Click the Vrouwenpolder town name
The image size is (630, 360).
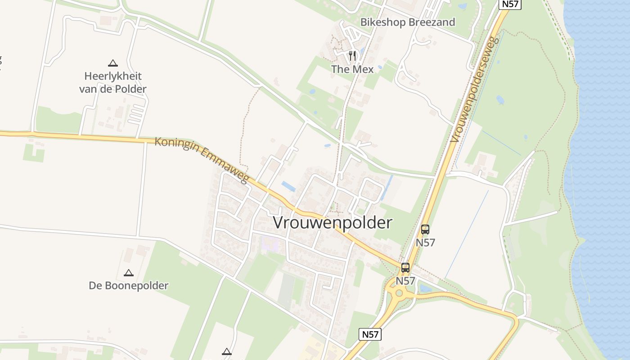pyautogui.click(x=333, y=223)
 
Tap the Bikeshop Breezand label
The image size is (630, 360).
pyautogui.click(x=408, y=22)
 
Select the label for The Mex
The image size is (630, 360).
pyautogui.click(x=352, y=69)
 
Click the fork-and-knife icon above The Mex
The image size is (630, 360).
pyautogui.click(x=352, y=56)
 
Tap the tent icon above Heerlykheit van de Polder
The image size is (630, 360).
pyautogui.click(x=112, y=63)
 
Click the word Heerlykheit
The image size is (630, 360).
pyautogui.click(x=113, y=76)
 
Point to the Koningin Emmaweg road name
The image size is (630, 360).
pyautogui.click(x=202, y=160)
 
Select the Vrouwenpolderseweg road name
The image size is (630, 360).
pyautogui.click(x=476, y=90)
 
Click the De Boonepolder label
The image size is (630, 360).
pyautogui.click(x=128, y=285)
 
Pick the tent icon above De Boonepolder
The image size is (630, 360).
pyautogui.click(x=129, y=273)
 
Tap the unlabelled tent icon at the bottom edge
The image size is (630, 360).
pyautogui.click(x=227, y=351)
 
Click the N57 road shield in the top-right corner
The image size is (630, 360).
pyautogui.click(x=510, y=4)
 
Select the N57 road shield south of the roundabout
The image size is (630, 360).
pyautogui.click(x=370, y=334)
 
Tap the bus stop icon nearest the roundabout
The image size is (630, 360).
pyautogui.click(x=405, y=268)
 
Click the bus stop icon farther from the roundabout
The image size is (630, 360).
pyautogui.click(x=425, y=229)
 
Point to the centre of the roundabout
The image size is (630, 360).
pyautogui.click(x=399, y=293)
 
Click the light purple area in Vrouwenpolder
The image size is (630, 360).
pyautogui.click(x=270, y=243)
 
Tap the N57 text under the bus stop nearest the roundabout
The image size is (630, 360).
pyautogui.click(x=405, y=281)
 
